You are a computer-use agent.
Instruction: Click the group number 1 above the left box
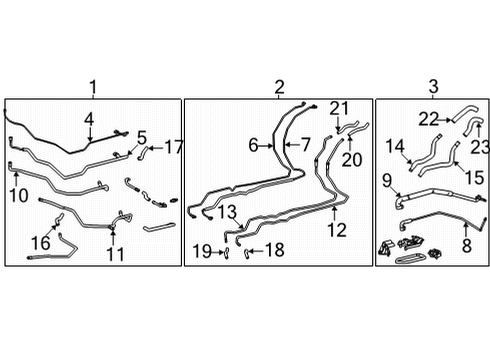coord(94,88)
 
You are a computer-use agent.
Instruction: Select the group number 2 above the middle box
coord(279,88)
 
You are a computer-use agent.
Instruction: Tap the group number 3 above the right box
coord(432,88)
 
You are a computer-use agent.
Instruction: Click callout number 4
coord(89,122)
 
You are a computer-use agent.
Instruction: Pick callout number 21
coord(338,109)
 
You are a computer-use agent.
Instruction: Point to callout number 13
coord(229,212)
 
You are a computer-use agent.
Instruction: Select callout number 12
coord(336,229)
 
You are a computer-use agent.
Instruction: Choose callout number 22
coord(429,119)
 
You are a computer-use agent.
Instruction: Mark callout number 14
coord(394,145)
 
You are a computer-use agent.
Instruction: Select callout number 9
coord(387,181)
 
